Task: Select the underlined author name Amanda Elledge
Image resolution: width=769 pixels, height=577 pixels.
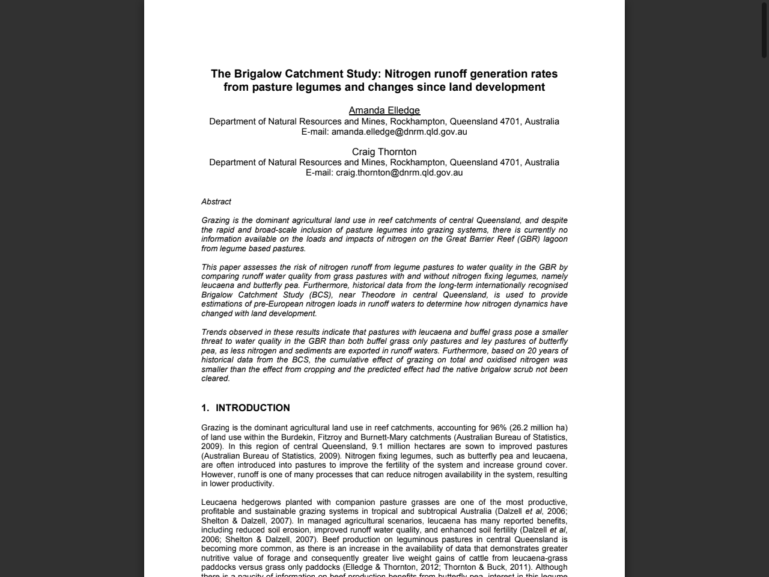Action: click(x=384, y=111)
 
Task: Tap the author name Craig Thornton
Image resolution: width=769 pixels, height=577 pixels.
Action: click(x=384, y=152)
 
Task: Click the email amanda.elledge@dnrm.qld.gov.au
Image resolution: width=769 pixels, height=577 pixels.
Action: click(x=399, y=132)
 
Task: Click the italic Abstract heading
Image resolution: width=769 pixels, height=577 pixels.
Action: click(x=216, y=202)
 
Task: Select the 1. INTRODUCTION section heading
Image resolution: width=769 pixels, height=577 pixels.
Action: click(x=246, y=408)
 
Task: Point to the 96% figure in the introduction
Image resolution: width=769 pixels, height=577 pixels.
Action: click(x=498, y=428)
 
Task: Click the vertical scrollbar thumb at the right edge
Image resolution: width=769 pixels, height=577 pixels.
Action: click(x=764, y=30)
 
